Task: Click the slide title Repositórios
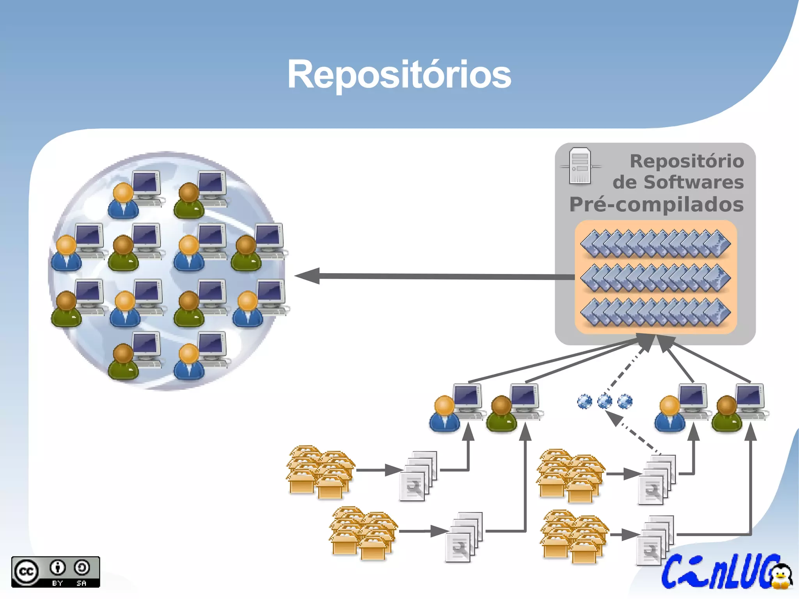coord(399,74)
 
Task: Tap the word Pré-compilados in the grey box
coord(656,204)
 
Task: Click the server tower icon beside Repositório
coord(580,166)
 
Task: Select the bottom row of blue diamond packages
coord(655,312)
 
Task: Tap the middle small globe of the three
coord(605,401)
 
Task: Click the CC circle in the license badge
coord(26,572)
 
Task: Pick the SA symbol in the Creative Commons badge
coord(82,568)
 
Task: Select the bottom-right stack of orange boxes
coord(574,537)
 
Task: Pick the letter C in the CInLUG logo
coord(673,572)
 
